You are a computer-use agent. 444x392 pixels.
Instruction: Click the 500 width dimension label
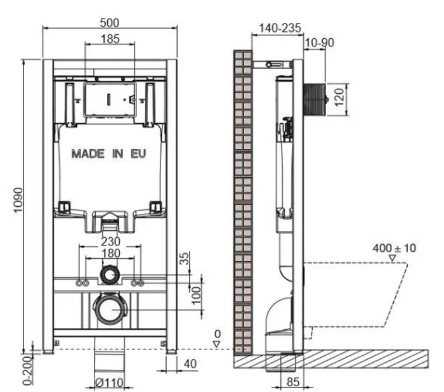tap(110, 23)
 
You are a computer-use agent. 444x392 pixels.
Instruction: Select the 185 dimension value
tap(110, 39)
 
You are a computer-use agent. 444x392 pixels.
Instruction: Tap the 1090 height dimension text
tap(18, 200)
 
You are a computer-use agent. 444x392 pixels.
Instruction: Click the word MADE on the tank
tap(88, 154)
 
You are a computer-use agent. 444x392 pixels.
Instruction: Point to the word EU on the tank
tap(138, 154)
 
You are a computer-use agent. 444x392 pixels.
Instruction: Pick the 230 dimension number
tap(110, 242)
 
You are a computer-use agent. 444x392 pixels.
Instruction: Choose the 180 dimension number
tap(110, 253)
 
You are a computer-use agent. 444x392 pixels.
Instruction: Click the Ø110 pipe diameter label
tap(109, 383)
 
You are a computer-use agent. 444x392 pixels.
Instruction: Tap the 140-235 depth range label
tap(280, 28)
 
